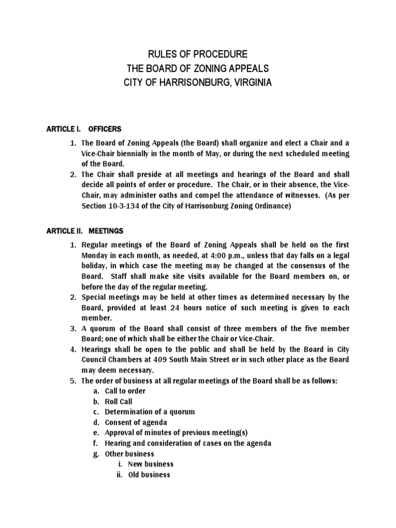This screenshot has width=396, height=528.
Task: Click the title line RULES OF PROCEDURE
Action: click(x=198, y=54)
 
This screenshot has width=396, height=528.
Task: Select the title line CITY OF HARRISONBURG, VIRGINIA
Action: click(x=198, y=82)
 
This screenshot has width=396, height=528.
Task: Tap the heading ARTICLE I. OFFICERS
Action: click(x=84, y=129)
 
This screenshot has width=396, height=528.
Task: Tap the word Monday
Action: click(x=95, y=255)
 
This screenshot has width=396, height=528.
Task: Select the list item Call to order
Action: click(x=125, y=391)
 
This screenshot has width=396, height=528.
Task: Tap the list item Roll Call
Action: click(x=119, y=402)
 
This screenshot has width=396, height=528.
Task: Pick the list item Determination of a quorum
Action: click(x=150, y=412)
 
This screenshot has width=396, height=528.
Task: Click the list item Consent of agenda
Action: click(x=136, y=422)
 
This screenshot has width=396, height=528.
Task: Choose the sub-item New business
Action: click(x=151, y=464)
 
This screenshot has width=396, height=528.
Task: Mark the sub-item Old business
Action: click(x=149, y=474)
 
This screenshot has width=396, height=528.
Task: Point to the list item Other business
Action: click(x=129, y=454)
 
